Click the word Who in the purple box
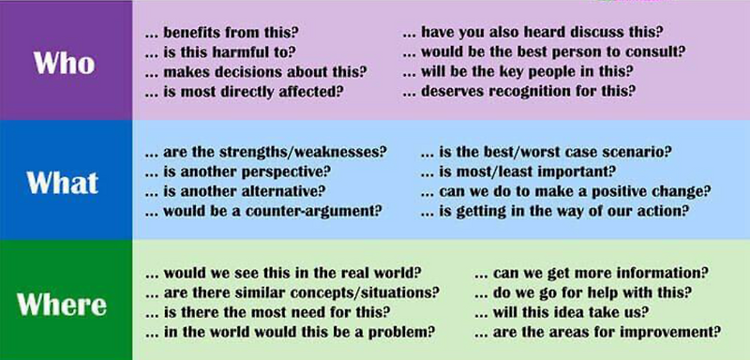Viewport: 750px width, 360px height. [x=64, y=62]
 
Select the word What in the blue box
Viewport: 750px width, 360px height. [x=64, y=181]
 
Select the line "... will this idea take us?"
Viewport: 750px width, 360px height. [x=562, y=312]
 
